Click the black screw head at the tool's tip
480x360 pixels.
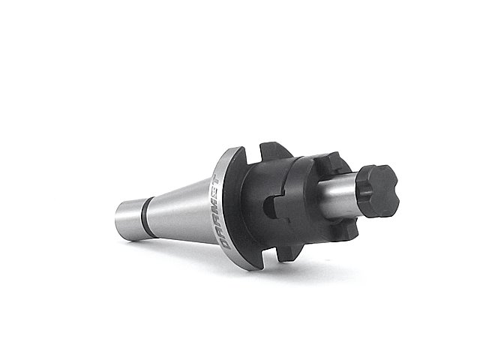pos(378,191)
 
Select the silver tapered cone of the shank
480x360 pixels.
pos(181,211)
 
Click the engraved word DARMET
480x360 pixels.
pos(218,211)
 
